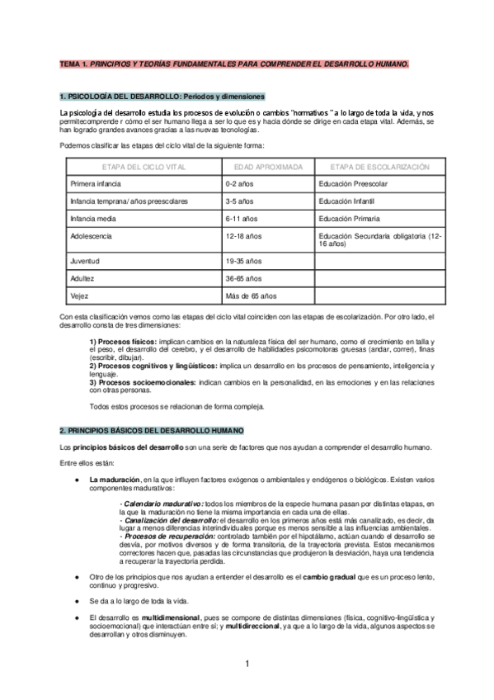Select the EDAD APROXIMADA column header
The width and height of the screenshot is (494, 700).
[268, 166]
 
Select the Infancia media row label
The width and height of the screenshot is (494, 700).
[92, 219]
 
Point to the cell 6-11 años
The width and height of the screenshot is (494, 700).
[240, 219]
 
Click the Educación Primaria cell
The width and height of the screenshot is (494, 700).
[350, 219]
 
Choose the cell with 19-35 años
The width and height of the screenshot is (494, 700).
[242, 260]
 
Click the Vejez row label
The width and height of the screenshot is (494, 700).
[79, 296]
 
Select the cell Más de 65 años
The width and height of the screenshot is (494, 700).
[251, 296]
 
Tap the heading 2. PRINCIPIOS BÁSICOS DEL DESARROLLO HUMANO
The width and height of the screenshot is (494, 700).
[151, 431]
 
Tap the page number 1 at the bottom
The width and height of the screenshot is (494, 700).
[247, 665]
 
